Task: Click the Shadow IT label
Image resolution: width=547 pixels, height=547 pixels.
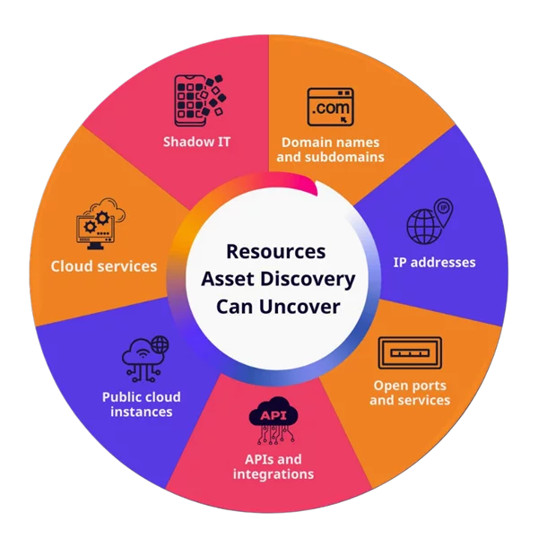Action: pyautogui.click(x=195, y=142)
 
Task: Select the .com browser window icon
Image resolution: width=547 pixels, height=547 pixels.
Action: pyautogui.click(x=332, y=108)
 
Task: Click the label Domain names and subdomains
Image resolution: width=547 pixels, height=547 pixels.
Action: pyautogui.click(x=332, y=149)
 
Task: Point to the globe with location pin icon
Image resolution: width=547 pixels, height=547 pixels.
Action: pyautogui.click(x=427, y=224)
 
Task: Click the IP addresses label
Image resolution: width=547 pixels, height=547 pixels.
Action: pyautogui.click(x=434, y=263)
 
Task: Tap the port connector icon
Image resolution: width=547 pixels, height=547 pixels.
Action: pyautogui.click(x=410, y=352)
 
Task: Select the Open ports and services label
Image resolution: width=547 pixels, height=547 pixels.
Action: pyautogui.click(x=410, y=393)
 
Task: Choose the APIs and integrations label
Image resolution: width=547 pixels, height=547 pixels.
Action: pyautogui.click(x=273, y=466)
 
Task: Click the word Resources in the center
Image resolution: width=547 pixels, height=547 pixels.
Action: pyautogui.click(x=275, y=252)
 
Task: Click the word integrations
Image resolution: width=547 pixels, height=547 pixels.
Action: pyautogui.click(x=273, y=473)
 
